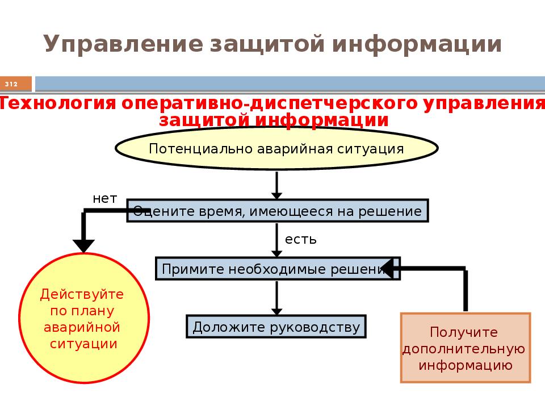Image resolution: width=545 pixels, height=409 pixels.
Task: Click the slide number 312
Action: (11, 84)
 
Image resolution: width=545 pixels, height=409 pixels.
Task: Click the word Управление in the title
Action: (123, 44)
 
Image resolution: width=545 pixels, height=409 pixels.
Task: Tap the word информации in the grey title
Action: (417, 44)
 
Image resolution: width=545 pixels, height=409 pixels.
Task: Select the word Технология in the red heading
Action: (57, 103)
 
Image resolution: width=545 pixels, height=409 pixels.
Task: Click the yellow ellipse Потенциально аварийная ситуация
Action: (276, 148)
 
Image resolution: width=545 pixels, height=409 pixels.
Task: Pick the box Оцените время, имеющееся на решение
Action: (278, 211)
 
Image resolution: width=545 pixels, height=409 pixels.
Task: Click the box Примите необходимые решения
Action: (278, 269)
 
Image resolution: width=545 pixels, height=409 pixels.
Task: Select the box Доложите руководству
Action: (276, 326)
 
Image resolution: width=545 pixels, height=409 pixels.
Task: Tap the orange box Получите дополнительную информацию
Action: (466, 348)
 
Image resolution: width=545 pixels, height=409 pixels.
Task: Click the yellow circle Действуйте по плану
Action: (84, 318)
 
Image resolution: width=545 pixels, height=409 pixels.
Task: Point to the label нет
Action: (104, 199)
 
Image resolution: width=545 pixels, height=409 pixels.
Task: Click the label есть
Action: (301, 240)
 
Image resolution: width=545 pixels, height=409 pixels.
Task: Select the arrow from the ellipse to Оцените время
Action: (276, 185)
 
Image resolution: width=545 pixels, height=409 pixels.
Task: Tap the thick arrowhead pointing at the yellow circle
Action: (83, 246)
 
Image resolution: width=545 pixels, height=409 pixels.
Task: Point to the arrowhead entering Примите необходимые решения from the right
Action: (387, 269)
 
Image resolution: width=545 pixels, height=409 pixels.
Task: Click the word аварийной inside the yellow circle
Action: (82, 327)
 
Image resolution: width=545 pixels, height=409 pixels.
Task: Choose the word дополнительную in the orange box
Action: (464, 349)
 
